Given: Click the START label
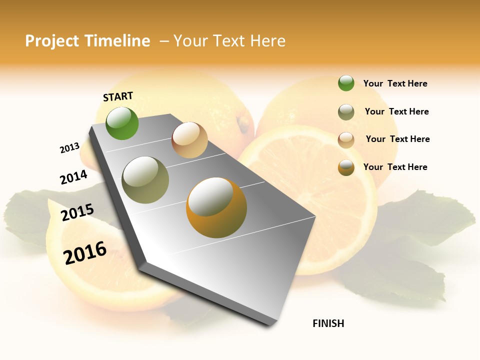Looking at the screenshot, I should (118, 96).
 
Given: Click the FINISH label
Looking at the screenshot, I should (328, 323).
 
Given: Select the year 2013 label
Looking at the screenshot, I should (69, 147).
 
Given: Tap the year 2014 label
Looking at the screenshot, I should (73, 177).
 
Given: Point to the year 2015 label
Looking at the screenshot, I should (77, 212).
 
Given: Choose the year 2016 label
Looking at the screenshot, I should (85, 252).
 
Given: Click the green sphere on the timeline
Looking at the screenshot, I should (122, 123).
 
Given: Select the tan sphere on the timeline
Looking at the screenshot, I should (189, 140).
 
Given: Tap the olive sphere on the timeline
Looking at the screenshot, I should (145, 180).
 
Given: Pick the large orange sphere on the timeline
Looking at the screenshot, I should (216, 207).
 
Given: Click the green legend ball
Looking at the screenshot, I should (346, 83).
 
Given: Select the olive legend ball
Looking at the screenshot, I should (346, 112).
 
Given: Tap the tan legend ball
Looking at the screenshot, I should (346, 140).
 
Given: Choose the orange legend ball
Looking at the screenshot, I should (346, 167).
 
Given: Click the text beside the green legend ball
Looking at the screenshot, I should (395, 83).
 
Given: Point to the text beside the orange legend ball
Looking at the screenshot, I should (395, 167).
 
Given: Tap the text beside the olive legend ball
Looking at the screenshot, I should (396, 111).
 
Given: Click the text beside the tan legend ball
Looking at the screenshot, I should (397, 139).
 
